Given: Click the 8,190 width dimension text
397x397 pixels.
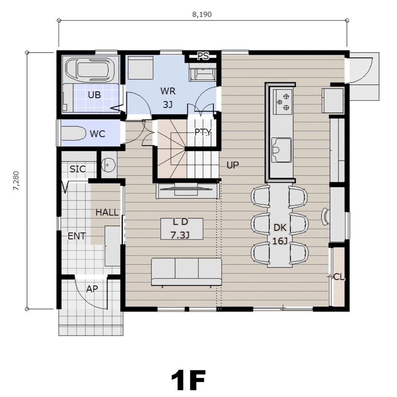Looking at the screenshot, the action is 202,14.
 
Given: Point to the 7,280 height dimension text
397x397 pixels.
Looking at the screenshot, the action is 16,181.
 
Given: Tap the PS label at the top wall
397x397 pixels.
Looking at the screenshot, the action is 203,56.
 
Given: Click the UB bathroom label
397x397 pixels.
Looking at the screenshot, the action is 94,95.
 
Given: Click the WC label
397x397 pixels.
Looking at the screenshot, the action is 97,133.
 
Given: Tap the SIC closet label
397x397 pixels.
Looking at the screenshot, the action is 78,169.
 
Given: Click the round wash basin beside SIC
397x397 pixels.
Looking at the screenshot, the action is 108,165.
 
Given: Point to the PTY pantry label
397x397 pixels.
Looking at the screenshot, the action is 203,132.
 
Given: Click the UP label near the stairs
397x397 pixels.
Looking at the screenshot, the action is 233,165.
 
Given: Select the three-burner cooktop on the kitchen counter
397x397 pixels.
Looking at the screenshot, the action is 282,102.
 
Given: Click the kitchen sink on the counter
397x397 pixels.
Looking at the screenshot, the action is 281,150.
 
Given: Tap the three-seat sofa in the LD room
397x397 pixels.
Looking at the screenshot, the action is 186,272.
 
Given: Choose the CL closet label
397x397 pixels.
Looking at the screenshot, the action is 339,277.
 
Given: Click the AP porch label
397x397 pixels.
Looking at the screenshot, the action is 92,289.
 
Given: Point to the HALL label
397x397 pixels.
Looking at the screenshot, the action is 107,212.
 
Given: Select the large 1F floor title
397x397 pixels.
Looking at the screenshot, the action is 188,380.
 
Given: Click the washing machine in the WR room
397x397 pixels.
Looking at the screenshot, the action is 140,68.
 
